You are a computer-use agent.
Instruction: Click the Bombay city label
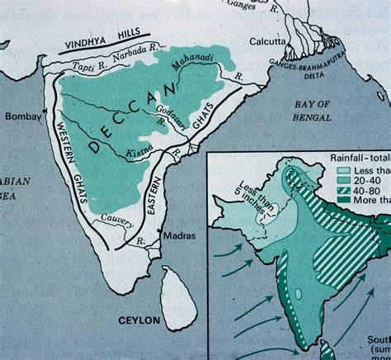click(x=22, y=117)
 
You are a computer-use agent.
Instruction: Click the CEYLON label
click(x=139, y=319)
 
